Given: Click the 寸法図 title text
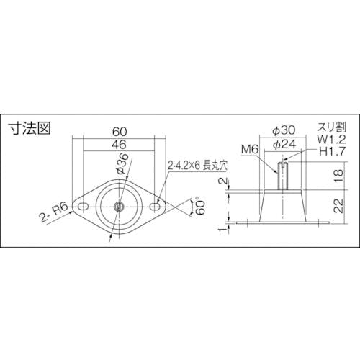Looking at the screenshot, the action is [x=30, y=129].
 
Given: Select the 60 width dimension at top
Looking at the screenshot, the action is [x=120, y=131].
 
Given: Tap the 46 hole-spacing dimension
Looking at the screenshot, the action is [x=119, y=145].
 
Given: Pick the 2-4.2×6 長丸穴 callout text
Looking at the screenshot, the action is [x=197, y=166].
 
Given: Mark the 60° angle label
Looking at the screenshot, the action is [x=201, y=207].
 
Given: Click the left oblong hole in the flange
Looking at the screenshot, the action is [x=83, y=207].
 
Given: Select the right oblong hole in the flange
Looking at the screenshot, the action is [x=155, y=207].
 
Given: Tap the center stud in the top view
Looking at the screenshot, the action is [x=119, y=207].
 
